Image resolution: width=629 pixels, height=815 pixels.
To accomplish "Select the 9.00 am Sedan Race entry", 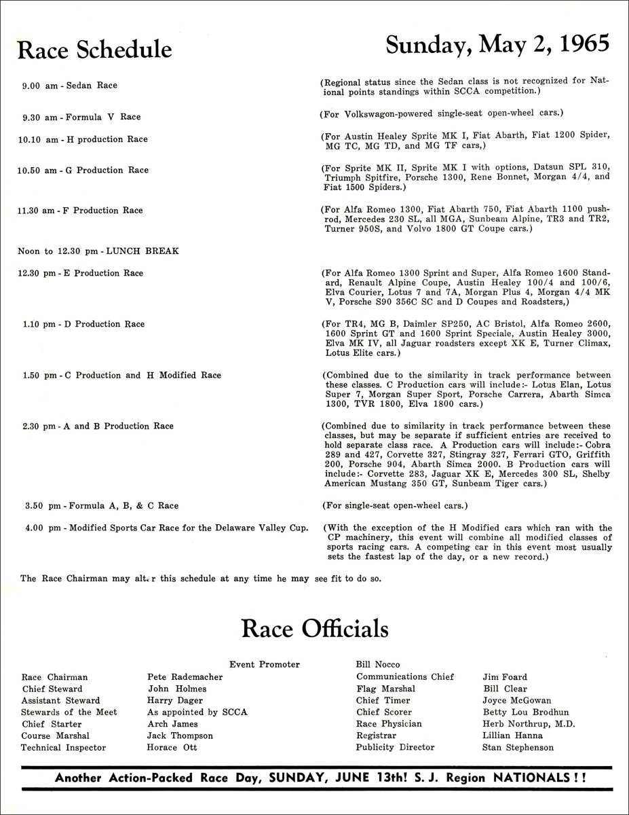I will point(70,86).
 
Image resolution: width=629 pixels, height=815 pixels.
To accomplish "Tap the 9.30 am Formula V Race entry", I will point(81,117).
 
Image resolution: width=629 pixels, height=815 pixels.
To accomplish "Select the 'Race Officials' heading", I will point(315,628).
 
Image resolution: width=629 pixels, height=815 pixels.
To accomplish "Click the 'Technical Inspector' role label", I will point(64,748).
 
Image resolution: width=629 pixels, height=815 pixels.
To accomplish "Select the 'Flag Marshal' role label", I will point(385,689).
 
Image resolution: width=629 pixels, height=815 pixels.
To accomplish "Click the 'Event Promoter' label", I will point(265,664).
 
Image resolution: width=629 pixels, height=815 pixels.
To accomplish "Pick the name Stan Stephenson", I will point(518,748).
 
